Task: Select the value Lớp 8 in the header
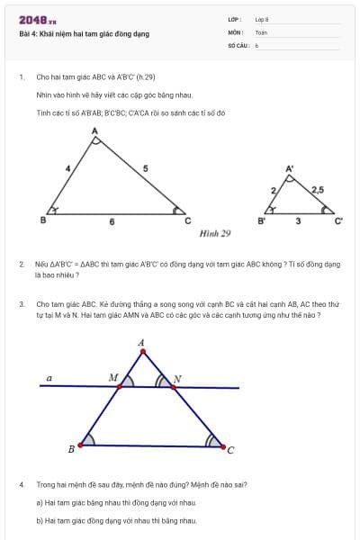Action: [261, 19]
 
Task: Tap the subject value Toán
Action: [261, 31]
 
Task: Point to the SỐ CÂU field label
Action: [238, 44]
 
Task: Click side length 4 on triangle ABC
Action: [67, 168]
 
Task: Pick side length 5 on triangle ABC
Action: [145, 168]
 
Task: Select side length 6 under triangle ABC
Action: [112, 221]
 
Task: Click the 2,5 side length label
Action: [317, 190]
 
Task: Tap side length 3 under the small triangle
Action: [298, 221]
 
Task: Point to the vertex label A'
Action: [289, 168]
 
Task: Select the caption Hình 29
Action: [215, 234]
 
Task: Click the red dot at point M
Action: [120, 382]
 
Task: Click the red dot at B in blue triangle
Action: [82, 444]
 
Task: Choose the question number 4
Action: [22, 485]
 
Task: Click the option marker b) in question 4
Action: [40, 520]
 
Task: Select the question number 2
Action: [22, 265]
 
